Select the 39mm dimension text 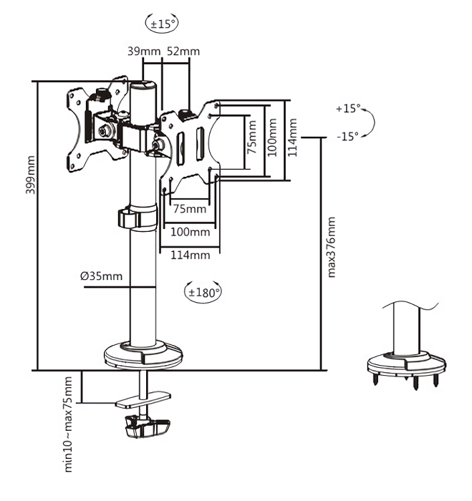pos(143,51)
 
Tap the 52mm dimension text pos(183,51)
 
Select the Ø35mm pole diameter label pos(101,276)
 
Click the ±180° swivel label pos(203,292)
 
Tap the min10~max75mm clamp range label pos(69,424)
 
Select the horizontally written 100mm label pos(191,232)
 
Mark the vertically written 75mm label pos(251,137)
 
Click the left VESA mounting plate pos(90,126)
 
